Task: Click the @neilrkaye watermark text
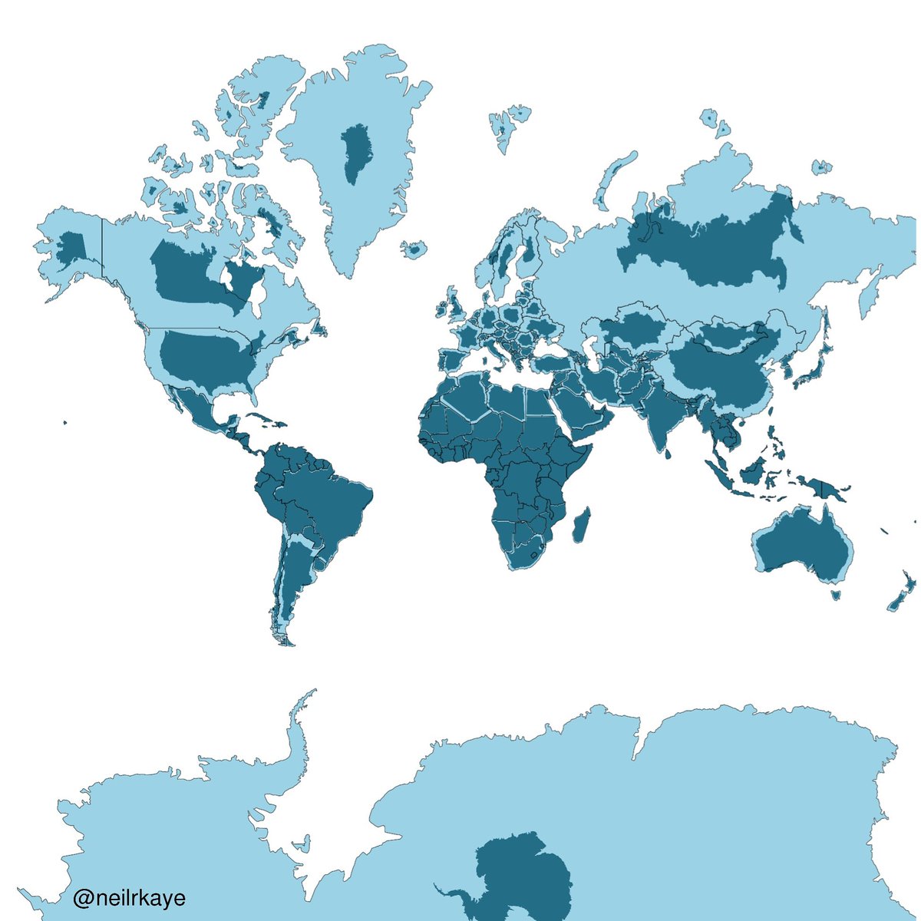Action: (129, 897)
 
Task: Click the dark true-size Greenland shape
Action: (355, 153)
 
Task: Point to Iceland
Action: (414, 249)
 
